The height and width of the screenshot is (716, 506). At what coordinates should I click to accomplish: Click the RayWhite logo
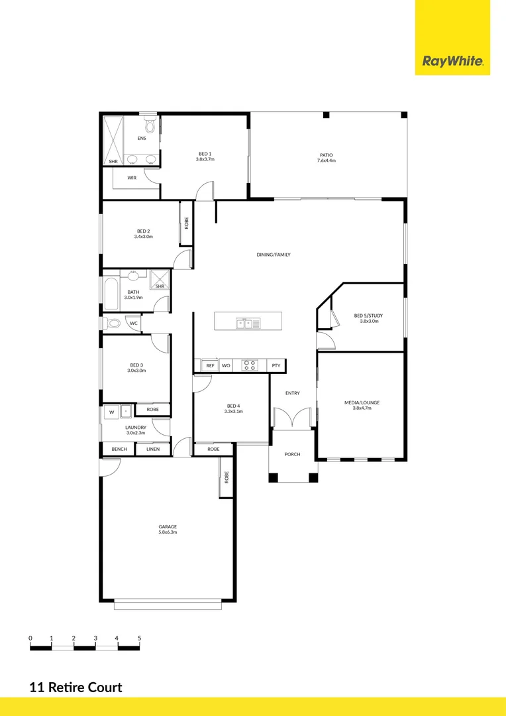[x=453, y=62]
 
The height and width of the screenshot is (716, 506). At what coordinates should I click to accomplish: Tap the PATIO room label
[x=327, y=155]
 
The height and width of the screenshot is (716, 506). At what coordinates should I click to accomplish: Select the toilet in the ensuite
[x=150, y=125]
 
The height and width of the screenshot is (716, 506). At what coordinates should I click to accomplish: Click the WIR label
[x=132, y=178]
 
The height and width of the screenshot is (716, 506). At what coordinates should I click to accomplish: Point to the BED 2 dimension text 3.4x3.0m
[x=143, y=237]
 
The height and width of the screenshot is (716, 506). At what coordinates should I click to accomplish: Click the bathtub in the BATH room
[x=111, y=294]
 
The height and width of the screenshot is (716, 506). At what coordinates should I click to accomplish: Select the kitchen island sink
[x=248, y=324]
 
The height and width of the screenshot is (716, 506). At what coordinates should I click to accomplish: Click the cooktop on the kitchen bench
[x=250, y=365]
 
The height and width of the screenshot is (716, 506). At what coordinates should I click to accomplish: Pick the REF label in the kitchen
[x=210, y=365]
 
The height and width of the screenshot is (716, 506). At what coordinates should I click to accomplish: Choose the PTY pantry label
[x=276, y=365]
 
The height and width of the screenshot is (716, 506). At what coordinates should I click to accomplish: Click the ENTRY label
[x=292, y=393]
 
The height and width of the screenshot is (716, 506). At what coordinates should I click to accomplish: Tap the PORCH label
[x=292, y=454]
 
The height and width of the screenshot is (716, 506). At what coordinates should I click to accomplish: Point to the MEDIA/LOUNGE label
[x=362, y=402]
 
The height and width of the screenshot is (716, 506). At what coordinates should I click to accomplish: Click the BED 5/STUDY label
[x=369, y=316]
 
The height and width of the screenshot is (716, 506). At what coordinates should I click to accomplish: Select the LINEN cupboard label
[x=152, y=449]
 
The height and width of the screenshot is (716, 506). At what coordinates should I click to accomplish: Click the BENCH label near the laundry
[x=119, y=449]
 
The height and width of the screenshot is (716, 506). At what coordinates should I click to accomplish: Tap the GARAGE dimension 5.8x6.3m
[x=167, y=532]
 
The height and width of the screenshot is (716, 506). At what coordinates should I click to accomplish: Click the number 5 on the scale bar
[x=139, y=638]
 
